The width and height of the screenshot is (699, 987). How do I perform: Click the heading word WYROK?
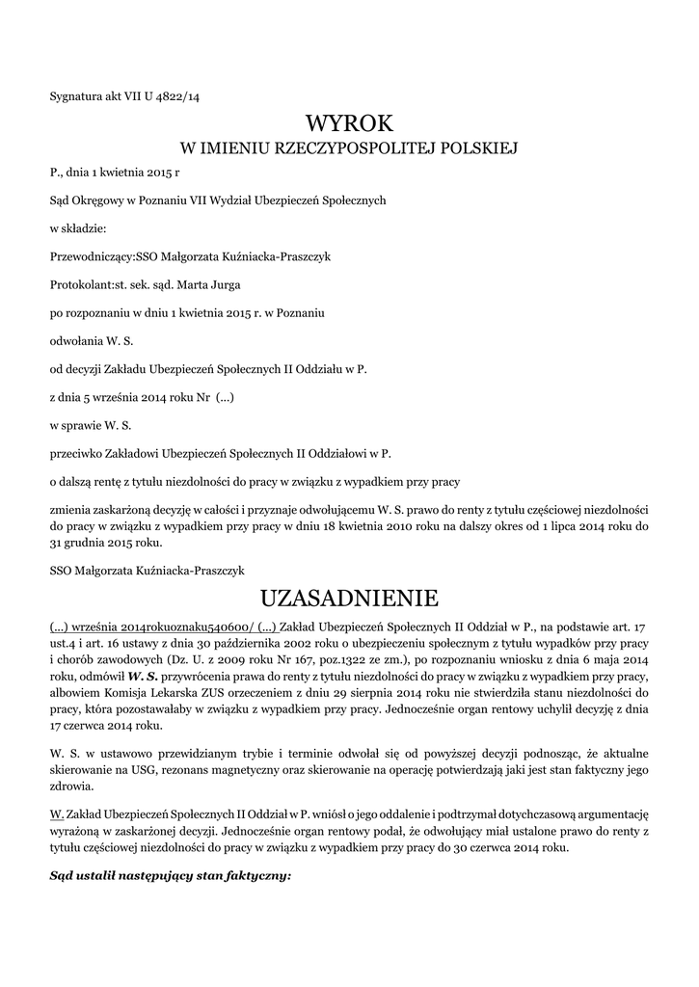[x=350, y=123]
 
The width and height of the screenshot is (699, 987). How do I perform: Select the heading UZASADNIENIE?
[x=350, y=599]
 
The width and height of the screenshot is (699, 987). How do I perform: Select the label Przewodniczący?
[x=92, y=256]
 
